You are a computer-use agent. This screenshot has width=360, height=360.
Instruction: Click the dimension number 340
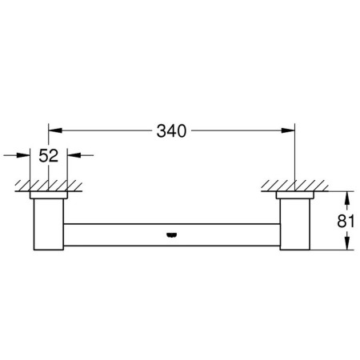click(171, 131)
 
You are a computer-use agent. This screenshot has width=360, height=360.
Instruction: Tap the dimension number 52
click(49, 156)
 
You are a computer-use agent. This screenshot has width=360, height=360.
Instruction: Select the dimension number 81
click(346, 221)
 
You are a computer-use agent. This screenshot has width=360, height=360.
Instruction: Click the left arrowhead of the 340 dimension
click(55, 130)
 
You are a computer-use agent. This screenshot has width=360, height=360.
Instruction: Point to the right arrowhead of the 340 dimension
click(288, 130)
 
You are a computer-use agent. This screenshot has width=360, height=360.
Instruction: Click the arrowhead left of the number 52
click(23, 155)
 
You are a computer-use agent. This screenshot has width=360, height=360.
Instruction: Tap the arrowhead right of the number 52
click(74, 155)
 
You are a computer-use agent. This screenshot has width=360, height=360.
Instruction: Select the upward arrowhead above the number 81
click(346, 198)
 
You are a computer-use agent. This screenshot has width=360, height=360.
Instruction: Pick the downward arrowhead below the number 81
click(346, 243)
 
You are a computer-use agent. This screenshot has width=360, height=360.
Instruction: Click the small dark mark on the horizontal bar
click(171, 235)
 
